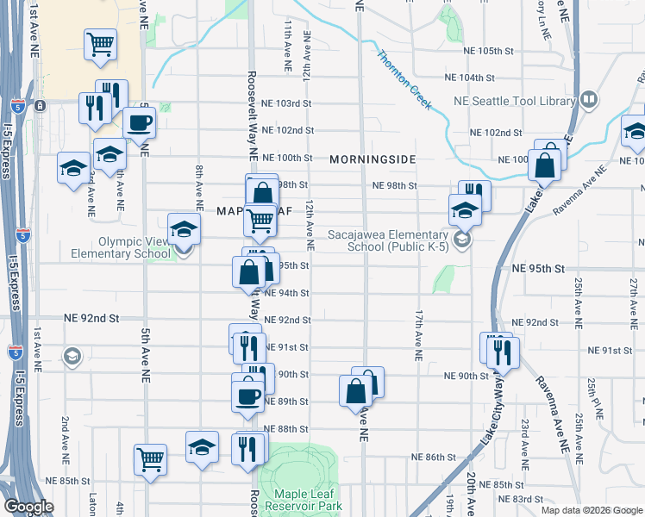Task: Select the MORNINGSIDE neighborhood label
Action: [373, 159]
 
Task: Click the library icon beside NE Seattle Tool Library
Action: [590, 101]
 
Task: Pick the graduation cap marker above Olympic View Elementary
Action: [184, 229]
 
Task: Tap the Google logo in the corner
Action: [28, 507]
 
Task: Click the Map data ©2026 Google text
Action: [590, 510]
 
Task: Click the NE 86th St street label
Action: [433, 457]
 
